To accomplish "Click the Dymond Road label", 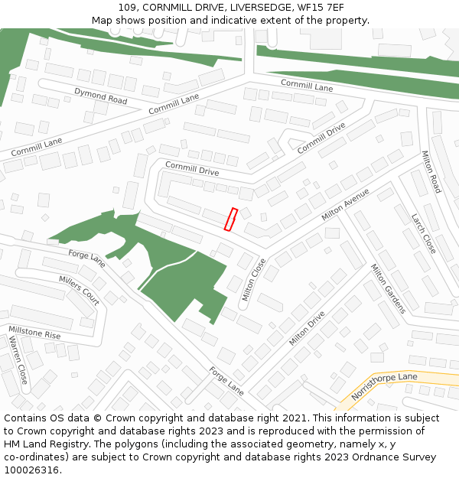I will coord(100,96).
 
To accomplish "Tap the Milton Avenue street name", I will coord(345,204).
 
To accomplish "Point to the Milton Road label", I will coord(431,171).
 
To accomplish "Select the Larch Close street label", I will coord(423,233).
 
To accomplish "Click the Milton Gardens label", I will coord(388,288).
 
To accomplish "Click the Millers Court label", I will coord(79,290).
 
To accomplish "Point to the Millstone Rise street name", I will coord(34,333).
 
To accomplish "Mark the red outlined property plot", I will coord(230,219).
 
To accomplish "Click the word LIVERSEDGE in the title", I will coord(226,8).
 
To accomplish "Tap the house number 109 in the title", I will coord(128,8).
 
